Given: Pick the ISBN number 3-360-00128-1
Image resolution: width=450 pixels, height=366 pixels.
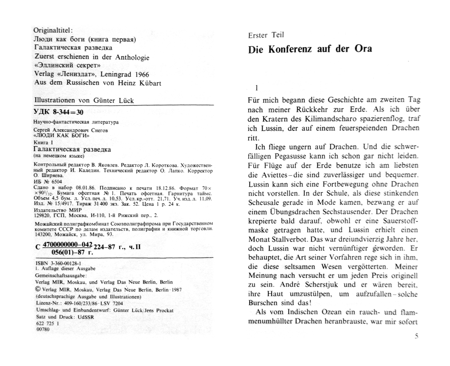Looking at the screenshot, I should [60, 263].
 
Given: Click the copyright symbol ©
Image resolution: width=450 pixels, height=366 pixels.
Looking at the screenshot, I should [37, 289].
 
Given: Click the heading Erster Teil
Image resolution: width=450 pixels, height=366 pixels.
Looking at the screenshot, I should [266, 35].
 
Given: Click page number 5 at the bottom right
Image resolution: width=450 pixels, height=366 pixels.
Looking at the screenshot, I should [416, 336].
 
